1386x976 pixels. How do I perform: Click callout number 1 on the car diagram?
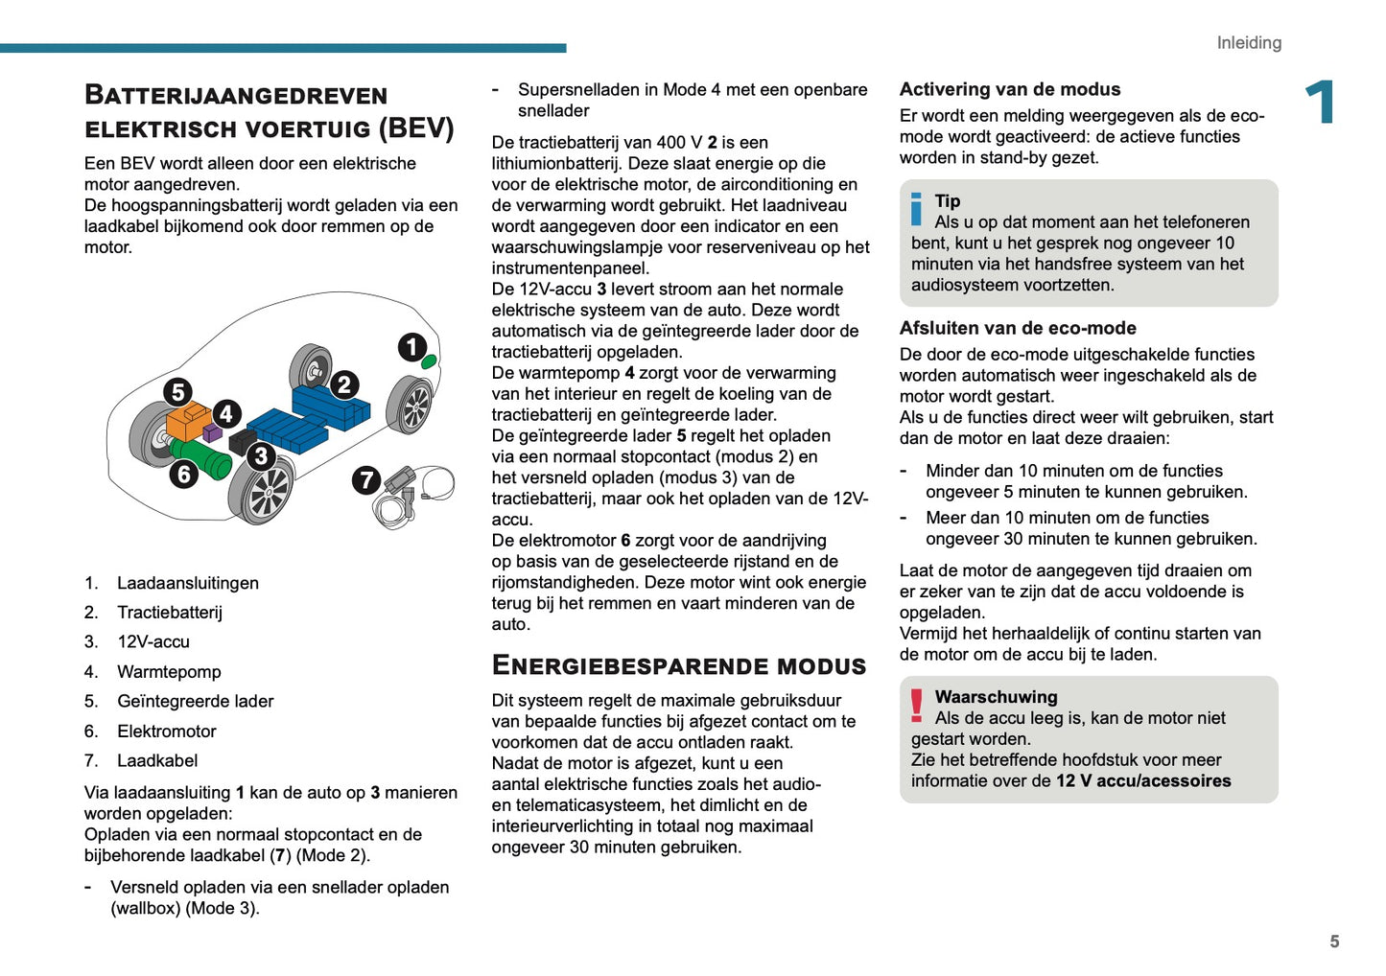[x=412, y=347]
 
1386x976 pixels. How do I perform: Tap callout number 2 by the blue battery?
[x=344, y=385]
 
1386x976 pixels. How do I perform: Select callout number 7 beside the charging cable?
[x=366, y=479]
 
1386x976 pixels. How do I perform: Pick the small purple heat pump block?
[x=213, y=434]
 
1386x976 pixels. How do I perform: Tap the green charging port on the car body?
[x=430, y=361]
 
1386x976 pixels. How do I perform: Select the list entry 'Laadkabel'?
[x=157, y=761]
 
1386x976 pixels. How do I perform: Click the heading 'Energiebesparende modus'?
[x=679, y=666]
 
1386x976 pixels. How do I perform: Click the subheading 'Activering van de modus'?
[x=1010, y=89]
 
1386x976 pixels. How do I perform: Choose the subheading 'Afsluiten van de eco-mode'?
[x=1018, y=328]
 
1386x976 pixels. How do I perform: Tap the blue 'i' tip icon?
[x=916, y=209]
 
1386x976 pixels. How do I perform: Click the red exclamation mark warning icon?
[x=917, y=706]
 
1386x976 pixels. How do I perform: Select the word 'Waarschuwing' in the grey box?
[x=996, y=697]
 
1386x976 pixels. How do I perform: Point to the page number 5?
[x=1334, y=941]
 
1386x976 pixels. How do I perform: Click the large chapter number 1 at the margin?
[x=1321, y=103]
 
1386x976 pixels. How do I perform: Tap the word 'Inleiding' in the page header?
[x=1249, y=43]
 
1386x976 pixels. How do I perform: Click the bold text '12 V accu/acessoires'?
[x=1143, y=781]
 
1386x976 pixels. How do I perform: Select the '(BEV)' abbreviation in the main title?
[x=416, y=128]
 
